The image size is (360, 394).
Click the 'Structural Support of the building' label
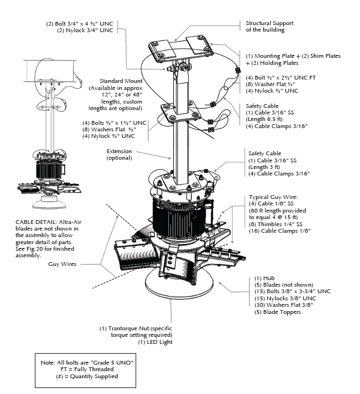tap(269, 27)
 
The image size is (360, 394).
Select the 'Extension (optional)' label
tap(119, 154)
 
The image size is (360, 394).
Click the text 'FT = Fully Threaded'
tap(87, 369)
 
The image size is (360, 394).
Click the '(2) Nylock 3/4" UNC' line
tap(85, 31)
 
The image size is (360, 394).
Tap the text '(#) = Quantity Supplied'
tap(87, 376)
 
